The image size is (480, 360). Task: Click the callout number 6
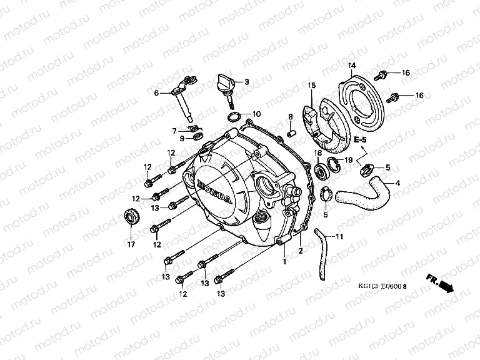tap(157, 92)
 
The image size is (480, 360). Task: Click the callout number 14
tap(351, 66)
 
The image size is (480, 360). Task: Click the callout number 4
tap(397, 183)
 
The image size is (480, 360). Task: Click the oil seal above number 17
tap(132, 217)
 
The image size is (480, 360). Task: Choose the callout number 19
tap(349, 161)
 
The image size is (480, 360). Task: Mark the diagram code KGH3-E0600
tap(379, 287)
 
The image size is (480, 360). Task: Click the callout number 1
tap(284, 261)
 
